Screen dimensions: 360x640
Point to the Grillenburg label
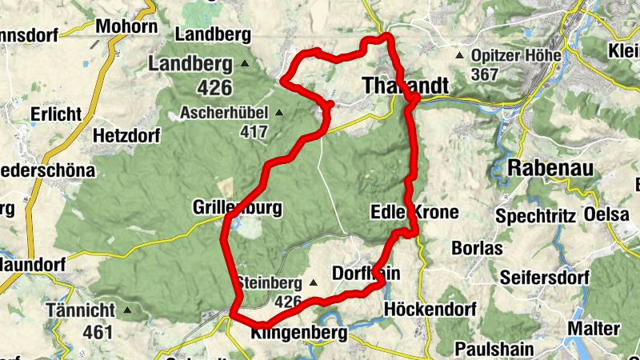[x=238, y=208]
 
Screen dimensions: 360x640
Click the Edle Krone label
[x=414, y=212]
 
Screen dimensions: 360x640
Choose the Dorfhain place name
[x=365, y=274]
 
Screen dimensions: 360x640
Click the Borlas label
[x=477, y=248]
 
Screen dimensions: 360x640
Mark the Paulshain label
[x=493, y=349]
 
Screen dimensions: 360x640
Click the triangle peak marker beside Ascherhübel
[x=279, y=112]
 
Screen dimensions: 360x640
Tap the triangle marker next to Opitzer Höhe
[x=459, y=56]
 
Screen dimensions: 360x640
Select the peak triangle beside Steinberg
[x=313, y=282]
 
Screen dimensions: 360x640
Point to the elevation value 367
[x=485, y=74]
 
